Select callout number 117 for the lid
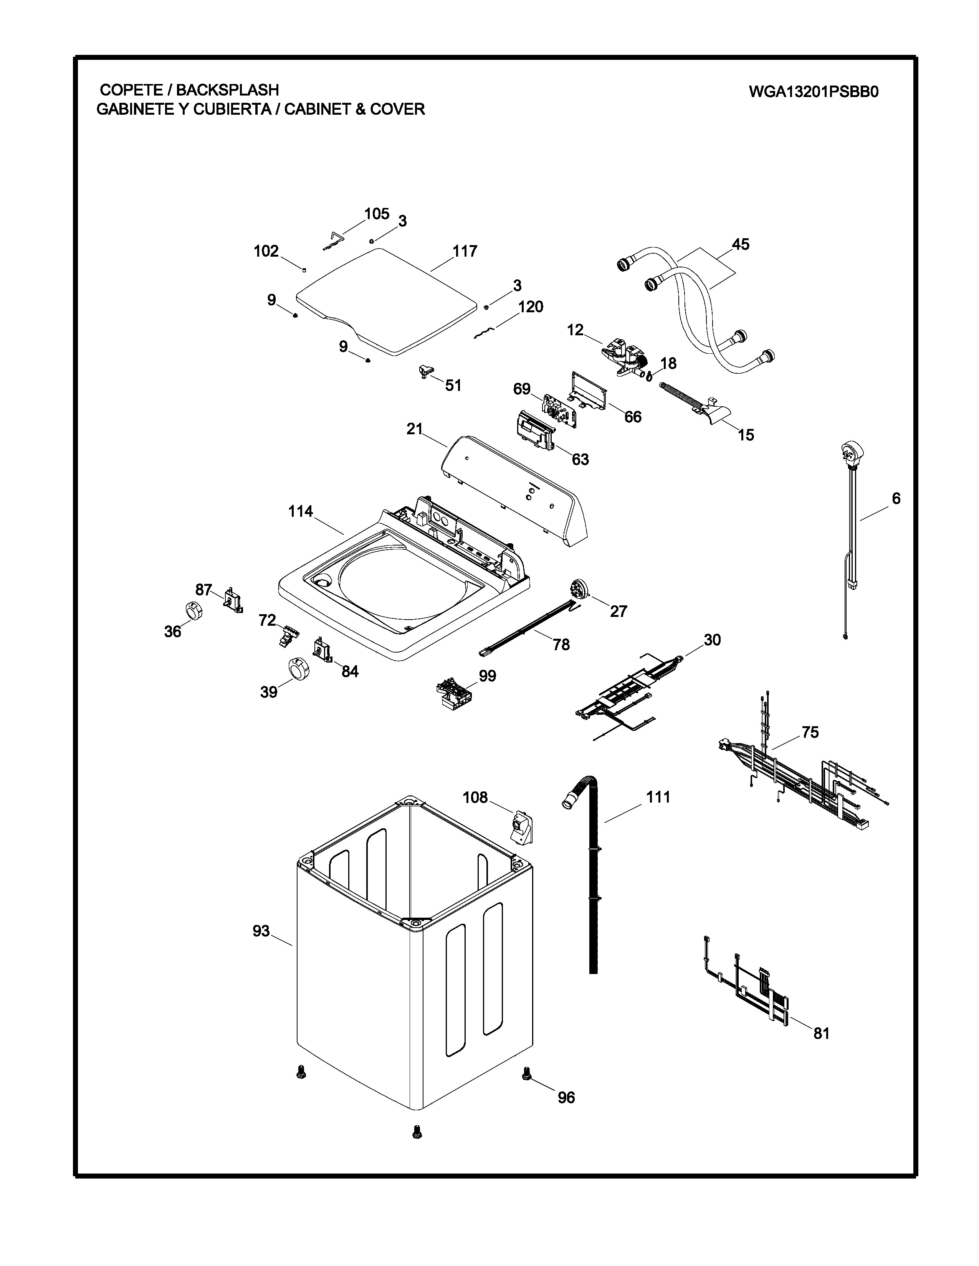pyautogui.click(x=465, y=251)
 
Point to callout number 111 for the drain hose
pyautogui.click(x=658, y=797)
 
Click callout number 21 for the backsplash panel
pyautogui.click(x=414, y=430)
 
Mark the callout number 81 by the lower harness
pyautogui.click(x=821, y=1033)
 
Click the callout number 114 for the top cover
pyautogui.click(x=301, y=511)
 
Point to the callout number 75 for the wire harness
pyautogui.click(x=810, y=732)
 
